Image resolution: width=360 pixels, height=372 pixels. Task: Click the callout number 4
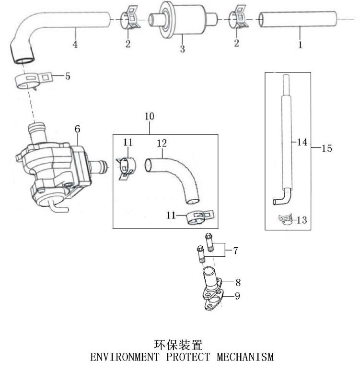[75, 45]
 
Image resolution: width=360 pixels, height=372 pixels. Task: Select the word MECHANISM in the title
[245, 357]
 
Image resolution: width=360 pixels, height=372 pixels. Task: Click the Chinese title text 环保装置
[178, 345]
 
